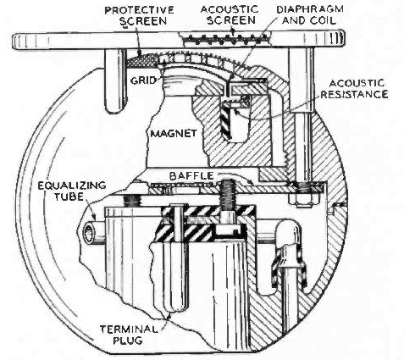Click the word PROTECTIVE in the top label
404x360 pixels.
(139, 10)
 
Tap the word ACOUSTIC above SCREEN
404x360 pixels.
(230, 9)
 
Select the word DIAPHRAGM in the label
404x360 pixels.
(310, 9)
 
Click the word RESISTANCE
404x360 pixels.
(354, 94)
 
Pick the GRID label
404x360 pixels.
(143, 80)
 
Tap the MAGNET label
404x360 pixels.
(174, 133)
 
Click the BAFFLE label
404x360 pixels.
(191, 176)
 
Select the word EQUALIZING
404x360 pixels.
(72, 186)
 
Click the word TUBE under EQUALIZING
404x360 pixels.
(69, 197)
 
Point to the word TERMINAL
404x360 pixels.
(129, 330)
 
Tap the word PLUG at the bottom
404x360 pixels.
(128, 341)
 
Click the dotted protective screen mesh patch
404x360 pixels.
(141, 60)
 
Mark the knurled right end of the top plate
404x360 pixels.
(333, 38)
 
